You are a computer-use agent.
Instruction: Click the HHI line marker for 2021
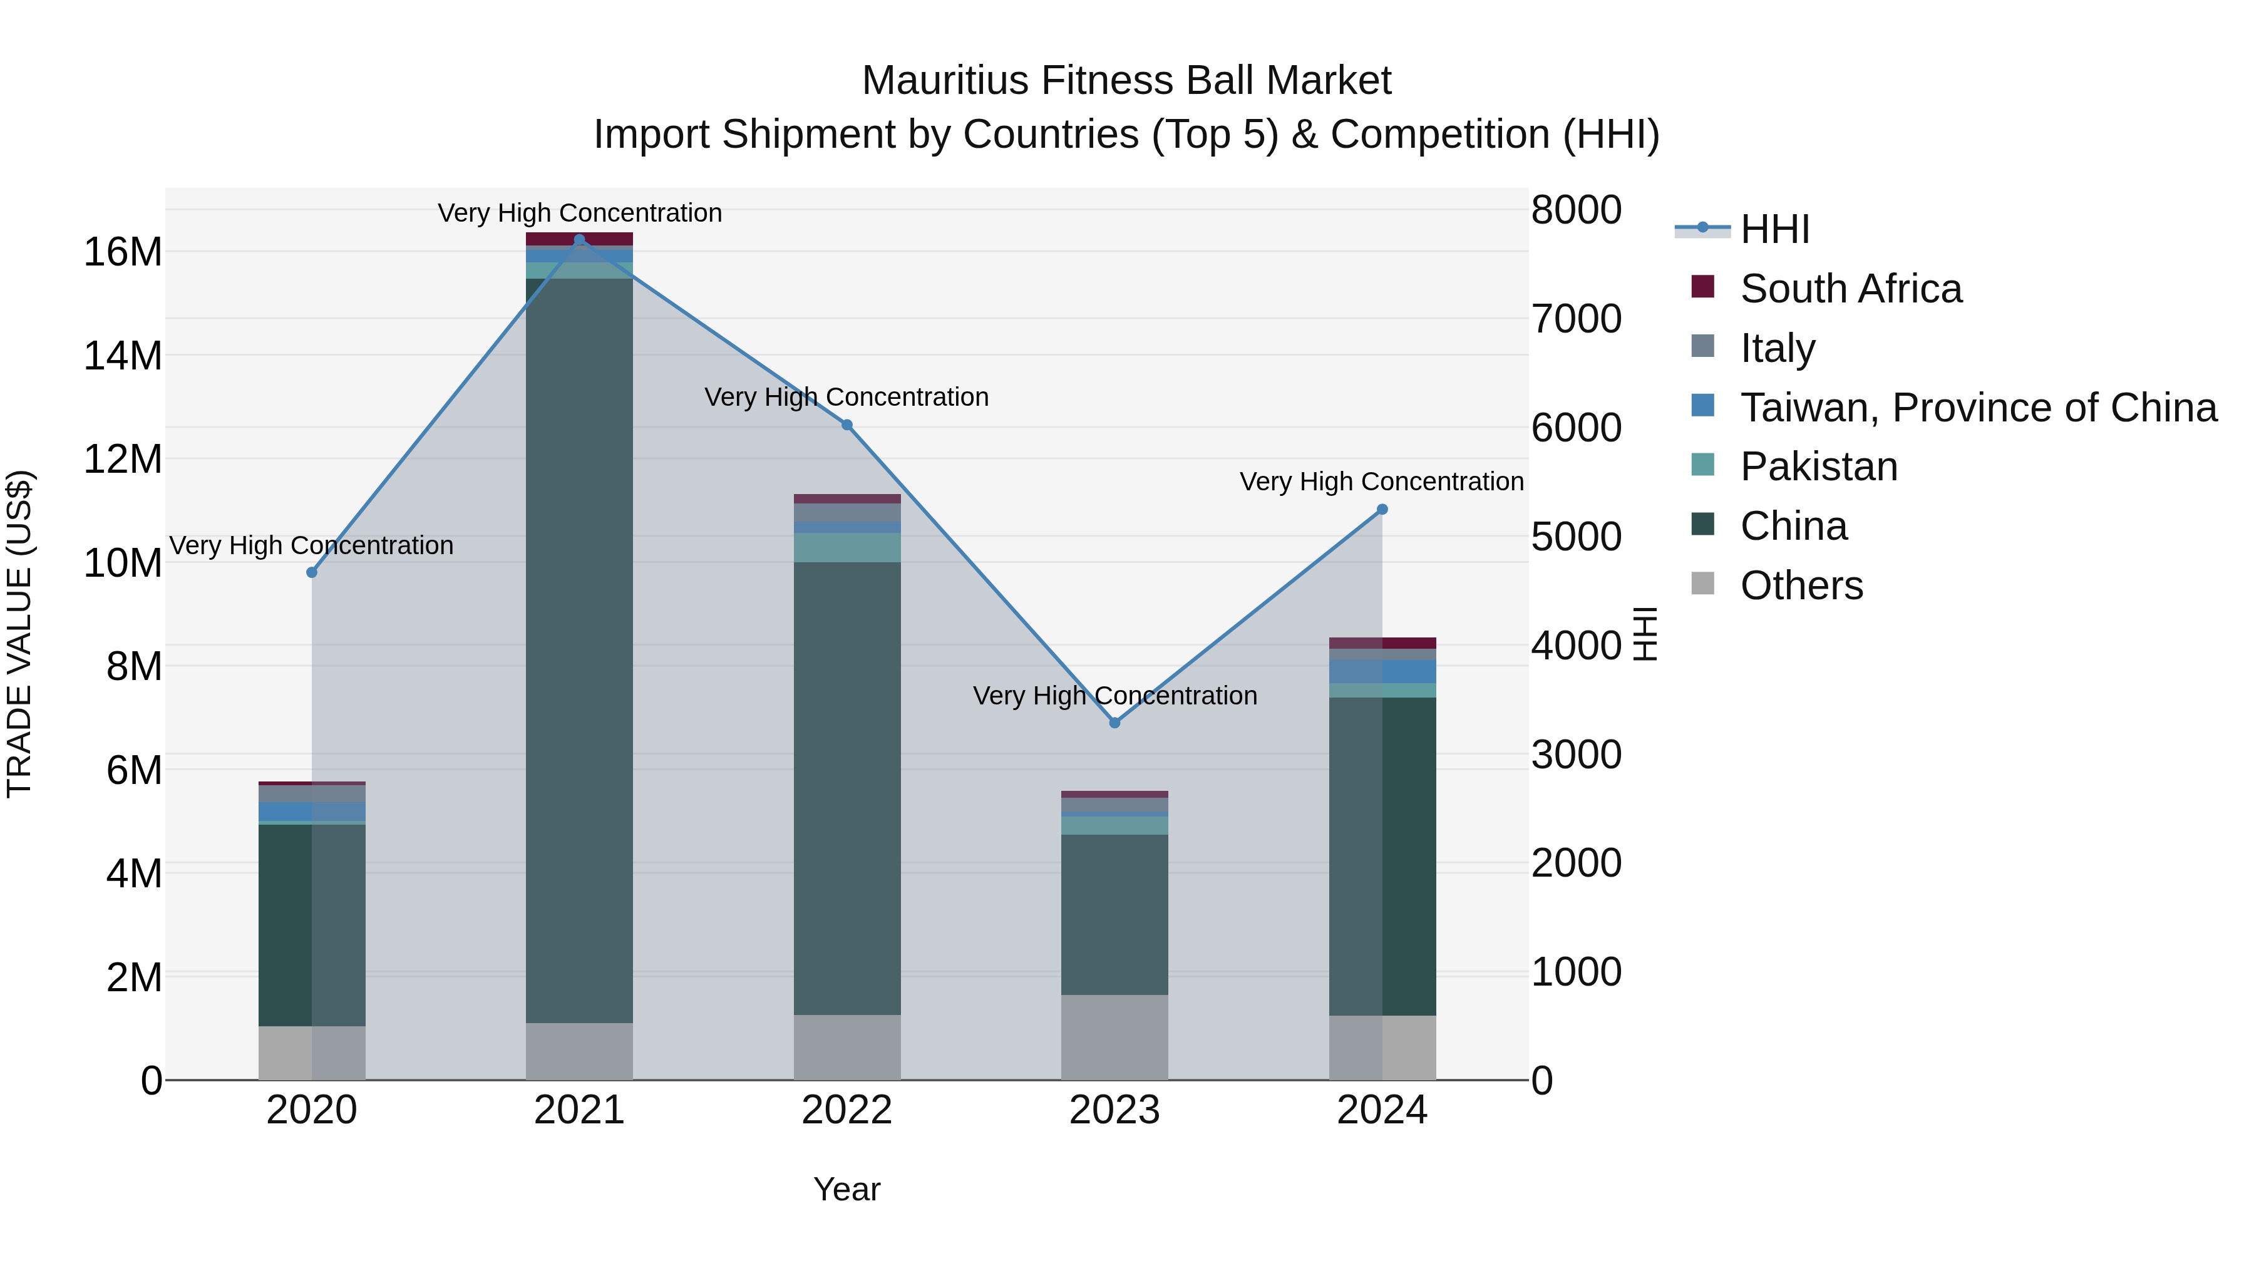(579, 240)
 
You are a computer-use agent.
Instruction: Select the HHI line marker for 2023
(1114, 723)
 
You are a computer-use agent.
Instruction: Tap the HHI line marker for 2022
(847, 425)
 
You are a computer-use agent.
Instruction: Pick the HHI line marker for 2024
(1382, 509)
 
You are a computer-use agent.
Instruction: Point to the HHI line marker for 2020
(312, 572)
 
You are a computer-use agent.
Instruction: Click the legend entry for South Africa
(1851, 289)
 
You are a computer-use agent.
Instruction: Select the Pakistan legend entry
(1818, 466)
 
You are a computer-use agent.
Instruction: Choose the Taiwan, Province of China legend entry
(1977, 408)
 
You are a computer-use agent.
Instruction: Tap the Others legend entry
(1801, 585)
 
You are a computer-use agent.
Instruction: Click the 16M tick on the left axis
(123, 252)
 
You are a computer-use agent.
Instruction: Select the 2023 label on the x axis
(1114, 1110)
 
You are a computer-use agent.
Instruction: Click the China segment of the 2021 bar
(579, 647)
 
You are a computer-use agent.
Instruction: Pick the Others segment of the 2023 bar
(1114, 1037)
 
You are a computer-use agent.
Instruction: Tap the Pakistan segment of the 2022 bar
(847, 548)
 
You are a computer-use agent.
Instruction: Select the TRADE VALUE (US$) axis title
(19, 634)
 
